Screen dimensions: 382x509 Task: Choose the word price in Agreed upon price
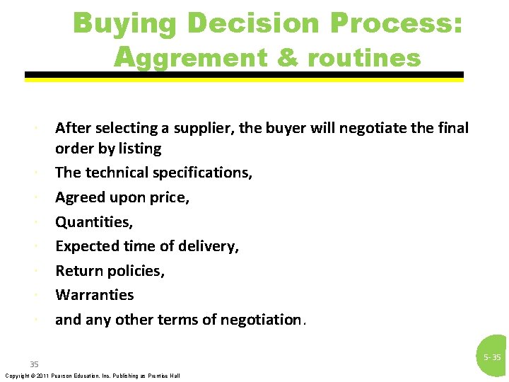pyautogui.click(x=170, y=197)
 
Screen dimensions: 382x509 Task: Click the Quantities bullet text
pyautogui.click(x=94, y=222)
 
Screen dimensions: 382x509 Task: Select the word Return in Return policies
pyautogui.click(x=78, y=271)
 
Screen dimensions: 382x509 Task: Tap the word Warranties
pyautogui.click(x=94, y=295)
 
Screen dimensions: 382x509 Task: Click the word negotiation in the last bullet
pyautogui.click(x=260, y=320)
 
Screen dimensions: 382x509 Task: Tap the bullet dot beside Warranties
pyautogui.click(x=35, y=295)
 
